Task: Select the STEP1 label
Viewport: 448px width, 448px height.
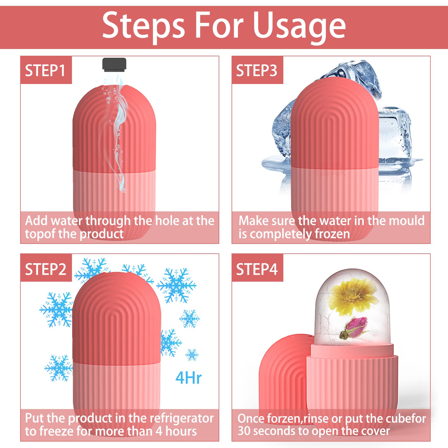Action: pyautogui.click(x=45, y=70)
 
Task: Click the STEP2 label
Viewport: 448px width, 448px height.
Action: pyautogui.click(x=46, y=269)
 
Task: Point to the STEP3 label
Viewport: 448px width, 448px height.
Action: pyautogui.click(x=256, y=70)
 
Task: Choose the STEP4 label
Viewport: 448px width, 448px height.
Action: pyautogui.click(x=257, y=269)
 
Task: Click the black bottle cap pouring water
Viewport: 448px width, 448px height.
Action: pyautogui.click(x=114, y=64)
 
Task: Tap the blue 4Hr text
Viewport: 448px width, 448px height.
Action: pyautogui.click(x=188, y=378)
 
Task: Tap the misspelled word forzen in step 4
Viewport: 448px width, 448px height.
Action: pyautogui.click(x=284, y=418)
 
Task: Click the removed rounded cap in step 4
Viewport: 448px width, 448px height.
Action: pyautogui.click(x=283, y=370)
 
